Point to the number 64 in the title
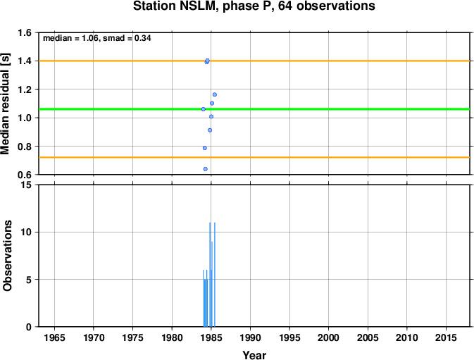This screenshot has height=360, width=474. [x=285, y=6]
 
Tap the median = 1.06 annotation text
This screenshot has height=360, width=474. [x=71, y=38]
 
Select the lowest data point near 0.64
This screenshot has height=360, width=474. [x=205, y=169]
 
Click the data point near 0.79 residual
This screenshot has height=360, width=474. [x=205, y=148]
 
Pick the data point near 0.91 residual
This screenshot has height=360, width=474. [x=210, y=130]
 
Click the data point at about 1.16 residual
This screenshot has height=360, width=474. [x=215, y=94]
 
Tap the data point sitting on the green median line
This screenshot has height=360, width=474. [x=204, y=109]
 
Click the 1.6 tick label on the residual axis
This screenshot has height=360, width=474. [x=25, y=32]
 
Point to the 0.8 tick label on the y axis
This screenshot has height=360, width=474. [x=25, y=147]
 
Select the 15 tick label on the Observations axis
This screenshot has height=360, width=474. [x=27, y=185]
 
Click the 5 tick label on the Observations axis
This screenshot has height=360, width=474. [x=29, y=280]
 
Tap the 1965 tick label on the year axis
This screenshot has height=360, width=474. [x=54, y=337]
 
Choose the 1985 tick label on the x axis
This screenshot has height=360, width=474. [x=211, y=337]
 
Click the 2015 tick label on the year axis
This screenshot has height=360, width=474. [x=446, y=337]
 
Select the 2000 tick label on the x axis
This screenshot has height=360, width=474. [x=329, y=337]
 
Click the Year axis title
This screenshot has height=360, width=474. [x=254, y=355]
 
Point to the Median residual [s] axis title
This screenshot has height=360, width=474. [x=6, y=104]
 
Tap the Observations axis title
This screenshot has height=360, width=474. [x=7, y=256]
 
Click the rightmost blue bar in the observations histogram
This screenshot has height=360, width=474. [x=215, y=275]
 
